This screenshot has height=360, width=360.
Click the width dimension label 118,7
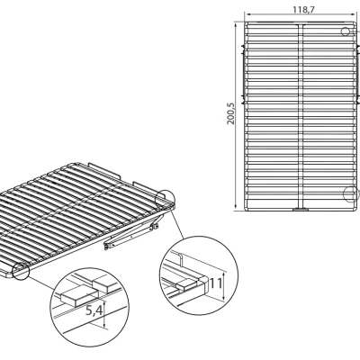click(x=303, y=10)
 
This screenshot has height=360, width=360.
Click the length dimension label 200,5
click(x=231, y=113)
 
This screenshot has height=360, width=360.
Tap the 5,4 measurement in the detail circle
click(x=94, y=310)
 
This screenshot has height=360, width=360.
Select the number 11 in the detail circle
click(x=216, y=283)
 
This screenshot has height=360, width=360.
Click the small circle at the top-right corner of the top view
click(x=346, y=31)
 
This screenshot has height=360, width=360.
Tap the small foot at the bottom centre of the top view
click(x=301, y=209)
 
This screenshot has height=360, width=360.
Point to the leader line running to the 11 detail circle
click(x=177, y=224)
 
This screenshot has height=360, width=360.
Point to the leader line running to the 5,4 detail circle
click(x=42, y=283)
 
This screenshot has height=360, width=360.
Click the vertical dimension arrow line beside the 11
click(x=224, y=286)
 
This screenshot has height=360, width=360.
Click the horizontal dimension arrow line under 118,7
click(x=301, y=14)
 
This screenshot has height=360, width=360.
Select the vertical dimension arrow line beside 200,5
click(x=236, y=116)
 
